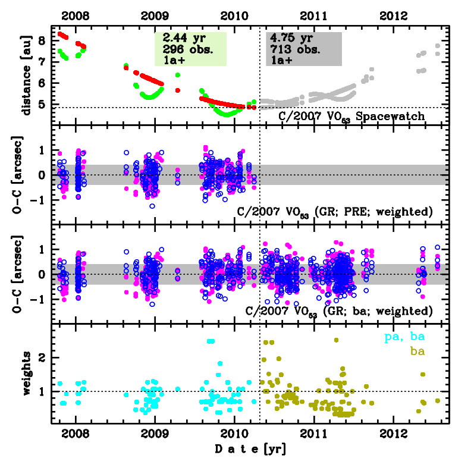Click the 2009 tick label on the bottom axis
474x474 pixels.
coord(155,435)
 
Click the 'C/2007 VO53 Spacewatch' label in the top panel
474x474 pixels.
coord(352,117)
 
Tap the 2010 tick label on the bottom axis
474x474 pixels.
coord(234,435)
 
